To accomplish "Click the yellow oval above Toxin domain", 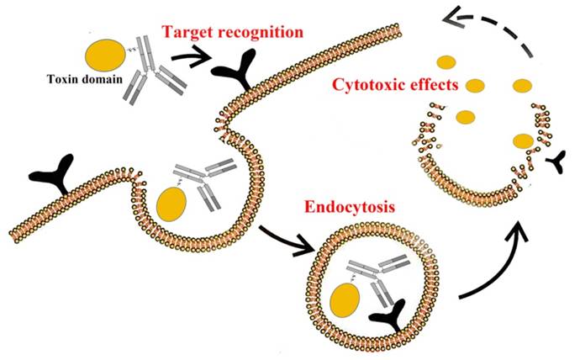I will (104, 56).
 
